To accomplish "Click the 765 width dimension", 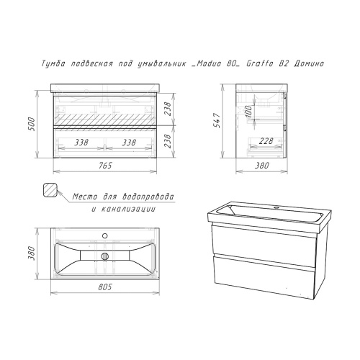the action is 105,166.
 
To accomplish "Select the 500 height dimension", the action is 32,124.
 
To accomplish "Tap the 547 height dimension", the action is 217,120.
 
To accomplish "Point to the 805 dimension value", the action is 105,287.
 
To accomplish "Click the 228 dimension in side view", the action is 266,141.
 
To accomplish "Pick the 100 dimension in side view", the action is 248,111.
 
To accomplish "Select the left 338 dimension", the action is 81,143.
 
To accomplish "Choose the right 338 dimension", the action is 129,143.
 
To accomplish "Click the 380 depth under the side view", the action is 261,166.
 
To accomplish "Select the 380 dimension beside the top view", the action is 32,253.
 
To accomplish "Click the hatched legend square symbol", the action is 50,190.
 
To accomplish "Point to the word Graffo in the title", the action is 260,63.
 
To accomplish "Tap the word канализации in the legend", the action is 128,209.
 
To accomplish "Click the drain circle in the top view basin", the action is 105,256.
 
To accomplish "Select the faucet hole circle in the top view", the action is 105,235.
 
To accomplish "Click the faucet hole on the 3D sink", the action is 277,207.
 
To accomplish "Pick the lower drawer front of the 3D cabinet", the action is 264,276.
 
